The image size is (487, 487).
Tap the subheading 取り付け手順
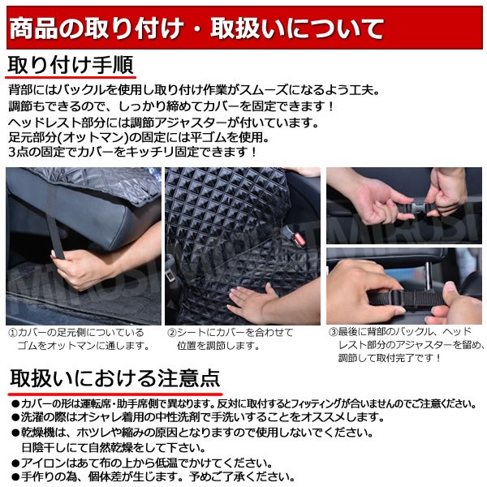tap(71, 65)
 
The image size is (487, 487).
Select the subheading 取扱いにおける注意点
tap(115, 378)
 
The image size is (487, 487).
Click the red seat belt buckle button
tap(299, 239)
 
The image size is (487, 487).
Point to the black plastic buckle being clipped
tap(420, 209)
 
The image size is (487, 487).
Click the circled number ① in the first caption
tap(13, 333)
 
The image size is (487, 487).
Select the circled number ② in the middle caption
tap(172, 333)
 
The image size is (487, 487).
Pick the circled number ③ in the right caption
tap(334, 332)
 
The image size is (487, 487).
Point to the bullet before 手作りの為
tap(15, 477)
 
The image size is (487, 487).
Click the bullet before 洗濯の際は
tap(15, 418)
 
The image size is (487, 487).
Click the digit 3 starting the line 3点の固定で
tap(12, 153)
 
